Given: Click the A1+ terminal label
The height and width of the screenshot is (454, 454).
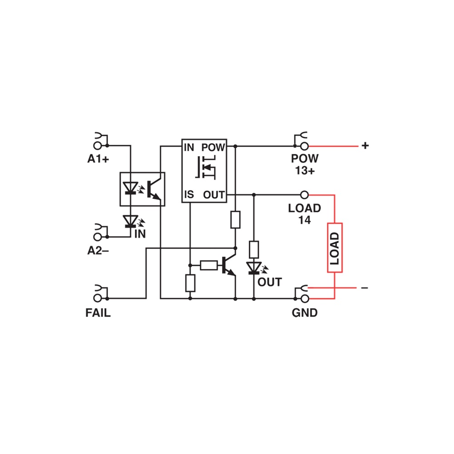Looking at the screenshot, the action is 98,158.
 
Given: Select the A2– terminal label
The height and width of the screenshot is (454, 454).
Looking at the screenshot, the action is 98,251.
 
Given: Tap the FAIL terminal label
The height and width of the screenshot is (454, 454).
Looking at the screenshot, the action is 98,313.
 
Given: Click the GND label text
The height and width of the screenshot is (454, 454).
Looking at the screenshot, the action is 305,313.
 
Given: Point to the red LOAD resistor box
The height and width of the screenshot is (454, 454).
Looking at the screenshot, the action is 335,247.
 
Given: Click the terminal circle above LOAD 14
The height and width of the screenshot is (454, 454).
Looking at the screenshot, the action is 304,195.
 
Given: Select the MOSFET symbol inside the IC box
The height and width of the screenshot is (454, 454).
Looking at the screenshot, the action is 206,167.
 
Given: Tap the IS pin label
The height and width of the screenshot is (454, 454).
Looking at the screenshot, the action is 189,195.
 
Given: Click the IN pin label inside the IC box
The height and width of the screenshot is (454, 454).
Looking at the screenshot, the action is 189,148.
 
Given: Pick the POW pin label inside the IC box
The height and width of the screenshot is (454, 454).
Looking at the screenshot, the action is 213,148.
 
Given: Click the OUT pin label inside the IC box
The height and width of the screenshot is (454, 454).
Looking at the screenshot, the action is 214,195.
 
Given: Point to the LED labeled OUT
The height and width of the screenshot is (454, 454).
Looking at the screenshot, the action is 254,268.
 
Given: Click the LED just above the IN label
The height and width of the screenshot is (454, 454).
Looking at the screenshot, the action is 130,221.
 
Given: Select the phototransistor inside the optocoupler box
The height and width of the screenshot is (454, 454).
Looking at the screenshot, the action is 153,189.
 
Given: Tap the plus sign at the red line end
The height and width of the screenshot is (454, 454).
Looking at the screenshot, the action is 365,145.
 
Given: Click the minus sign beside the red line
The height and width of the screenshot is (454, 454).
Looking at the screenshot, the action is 365,288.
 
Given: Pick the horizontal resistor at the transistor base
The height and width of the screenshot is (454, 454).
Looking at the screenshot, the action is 209,265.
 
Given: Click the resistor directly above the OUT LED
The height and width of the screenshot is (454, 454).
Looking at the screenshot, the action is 254,249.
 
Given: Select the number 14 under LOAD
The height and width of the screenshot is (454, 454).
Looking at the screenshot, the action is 305,220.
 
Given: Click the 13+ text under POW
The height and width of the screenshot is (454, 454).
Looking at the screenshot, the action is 305,171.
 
